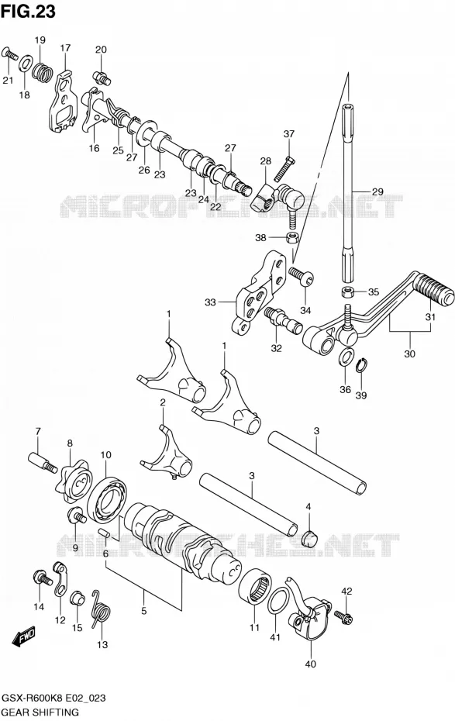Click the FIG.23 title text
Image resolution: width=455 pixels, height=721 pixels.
[x=28, y=12]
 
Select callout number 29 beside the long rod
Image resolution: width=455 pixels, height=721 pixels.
[x=377, y=191]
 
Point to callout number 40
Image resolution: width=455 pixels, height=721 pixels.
[x=311, y=664]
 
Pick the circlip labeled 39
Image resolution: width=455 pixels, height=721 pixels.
[x=362, y=367]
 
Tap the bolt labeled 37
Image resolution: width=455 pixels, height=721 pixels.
[x=283, y=168]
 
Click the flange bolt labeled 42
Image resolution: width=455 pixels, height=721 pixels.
[x=343, y=614]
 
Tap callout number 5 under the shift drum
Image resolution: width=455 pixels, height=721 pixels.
[x=144, y=611]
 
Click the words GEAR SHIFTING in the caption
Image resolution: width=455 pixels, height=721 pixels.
[x=40, y=712]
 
